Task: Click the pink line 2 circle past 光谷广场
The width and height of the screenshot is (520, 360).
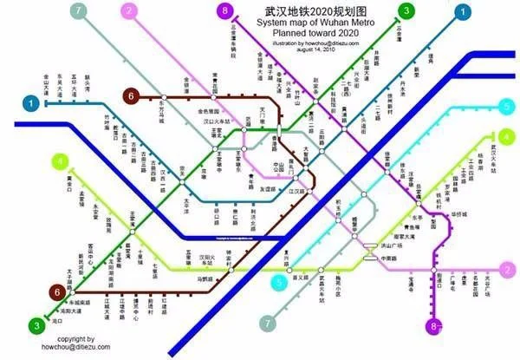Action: point(508,271)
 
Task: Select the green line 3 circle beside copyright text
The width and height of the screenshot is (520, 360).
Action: point(36,326)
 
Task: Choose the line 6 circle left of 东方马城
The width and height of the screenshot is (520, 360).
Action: point(132,95)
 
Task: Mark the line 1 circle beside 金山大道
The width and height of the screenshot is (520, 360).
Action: point(33,103)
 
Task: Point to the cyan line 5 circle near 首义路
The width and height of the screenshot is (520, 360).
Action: point(280,283)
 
